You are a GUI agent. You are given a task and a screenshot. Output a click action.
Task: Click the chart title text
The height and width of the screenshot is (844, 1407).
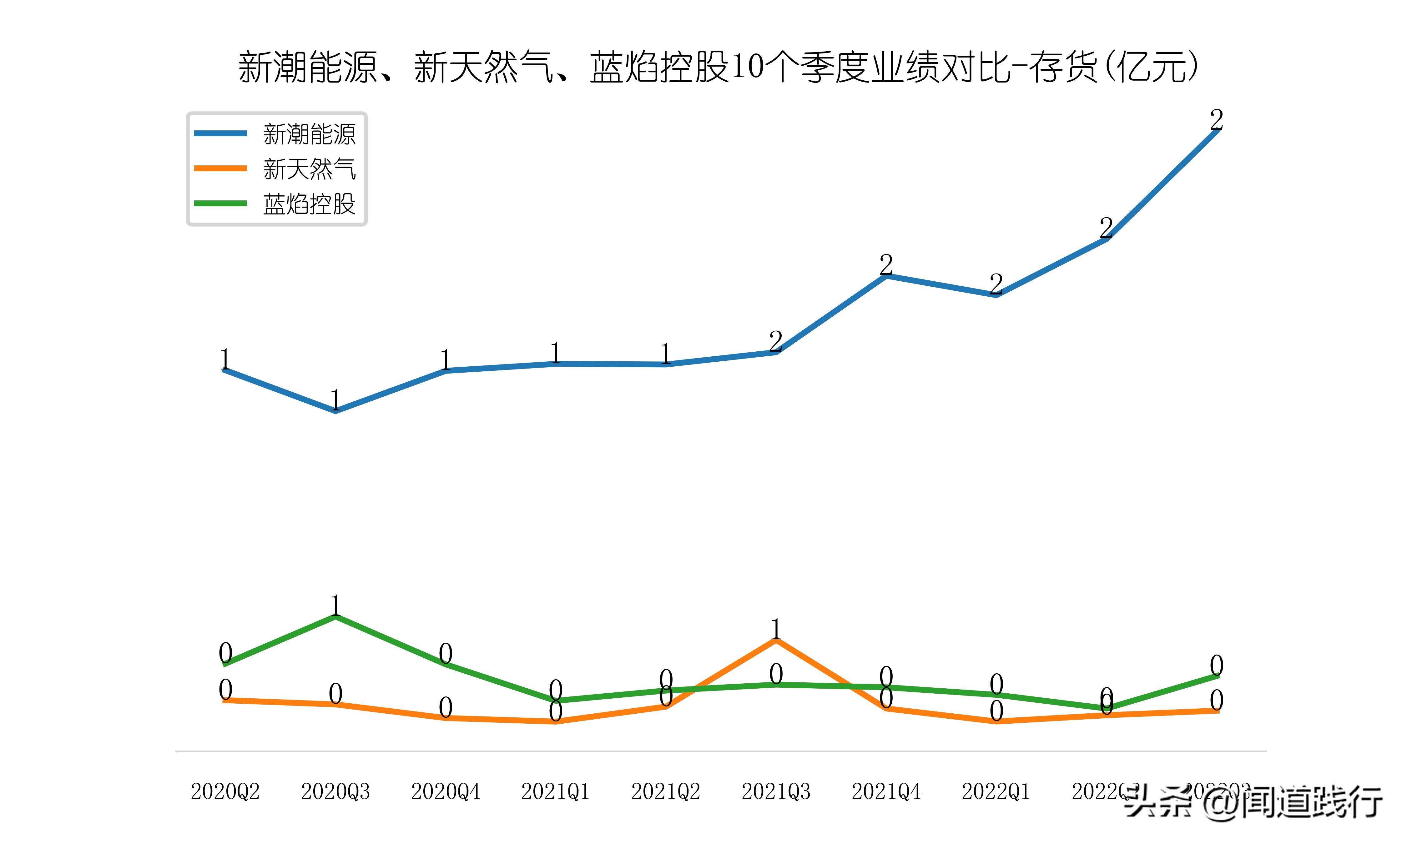[718, 67]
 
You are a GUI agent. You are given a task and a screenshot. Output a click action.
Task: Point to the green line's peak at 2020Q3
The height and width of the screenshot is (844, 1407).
[335, 616]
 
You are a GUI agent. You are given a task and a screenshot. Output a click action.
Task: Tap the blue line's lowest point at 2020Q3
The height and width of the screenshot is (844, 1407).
[335, 411]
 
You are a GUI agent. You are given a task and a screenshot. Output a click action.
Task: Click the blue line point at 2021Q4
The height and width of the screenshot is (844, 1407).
[886, 276]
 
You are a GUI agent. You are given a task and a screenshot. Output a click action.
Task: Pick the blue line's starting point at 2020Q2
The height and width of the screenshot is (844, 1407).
[225, 370]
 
